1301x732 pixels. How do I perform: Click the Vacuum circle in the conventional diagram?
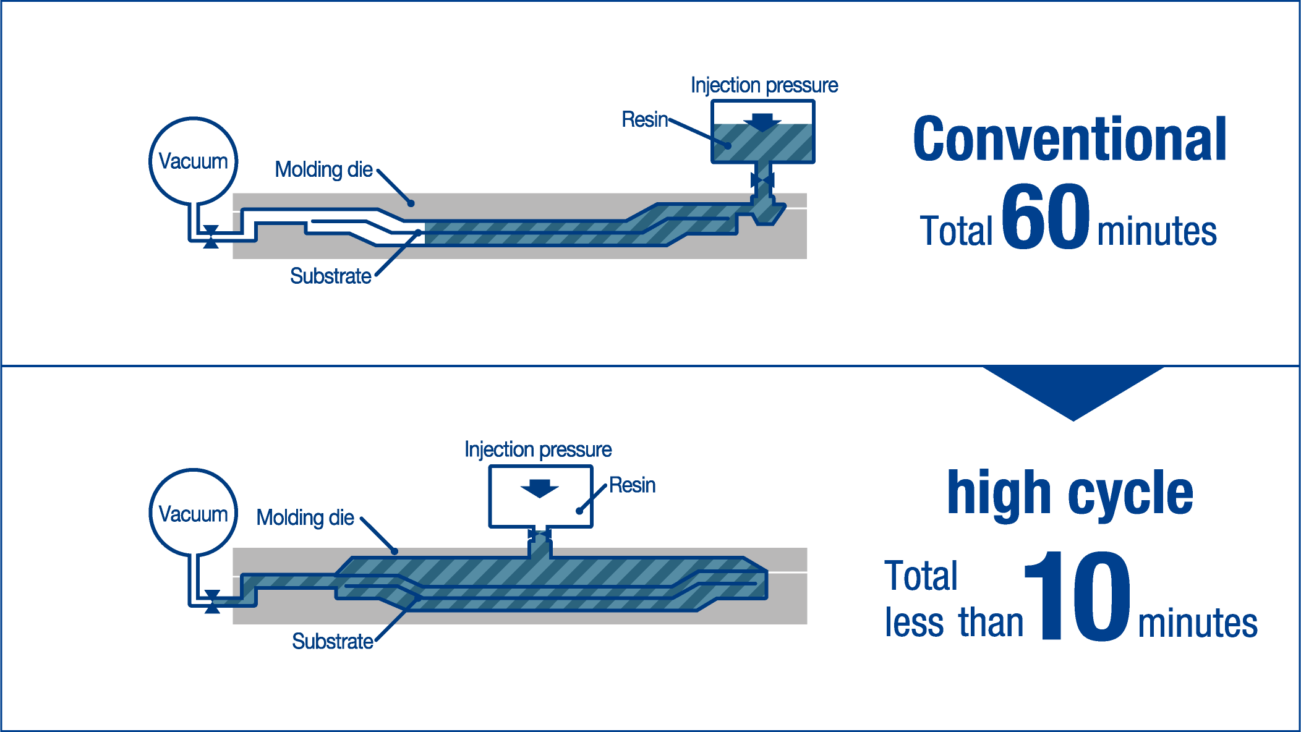click(x=194, y=161)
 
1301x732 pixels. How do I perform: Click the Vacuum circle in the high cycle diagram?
click(x=194, y=513)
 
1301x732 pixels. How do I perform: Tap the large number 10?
click(x=1078, y=597)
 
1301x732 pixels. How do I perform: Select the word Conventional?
click(x=1070, y=140)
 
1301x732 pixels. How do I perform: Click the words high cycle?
click(x=1070, y=493)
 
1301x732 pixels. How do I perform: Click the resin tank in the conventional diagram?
click(x=762, y=132)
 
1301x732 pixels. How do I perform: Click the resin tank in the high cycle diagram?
click(x=540, y=496)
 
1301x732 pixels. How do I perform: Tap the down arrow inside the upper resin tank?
click(x=762, y=122)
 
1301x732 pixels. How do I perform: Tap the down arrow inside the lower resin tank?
click(x=540, y=488)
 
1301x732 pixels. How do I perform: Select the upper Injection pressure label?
click(x=764, y=85)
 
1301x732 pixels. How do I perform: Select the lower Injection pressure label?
click(x=538, y=449)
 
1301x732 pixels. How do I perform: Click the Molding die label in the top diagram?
click(x=323, y=169)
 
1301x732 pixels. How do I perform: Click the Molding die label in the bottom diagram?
click(x=305, y=517)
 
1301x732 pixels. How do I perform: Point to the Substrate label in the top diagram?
click(x=331, y=276)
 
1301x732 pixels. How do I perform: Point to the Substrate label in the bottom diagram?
click(x=333, y=641)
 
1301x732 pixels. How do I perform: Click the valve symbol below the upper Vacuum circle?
click(x=211, y=237)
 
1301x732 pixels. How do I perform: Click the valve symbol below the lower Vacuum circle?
click(x=212, y=602)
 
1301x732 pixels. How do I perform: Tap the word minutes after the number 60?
click(x=1156, y=232)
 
